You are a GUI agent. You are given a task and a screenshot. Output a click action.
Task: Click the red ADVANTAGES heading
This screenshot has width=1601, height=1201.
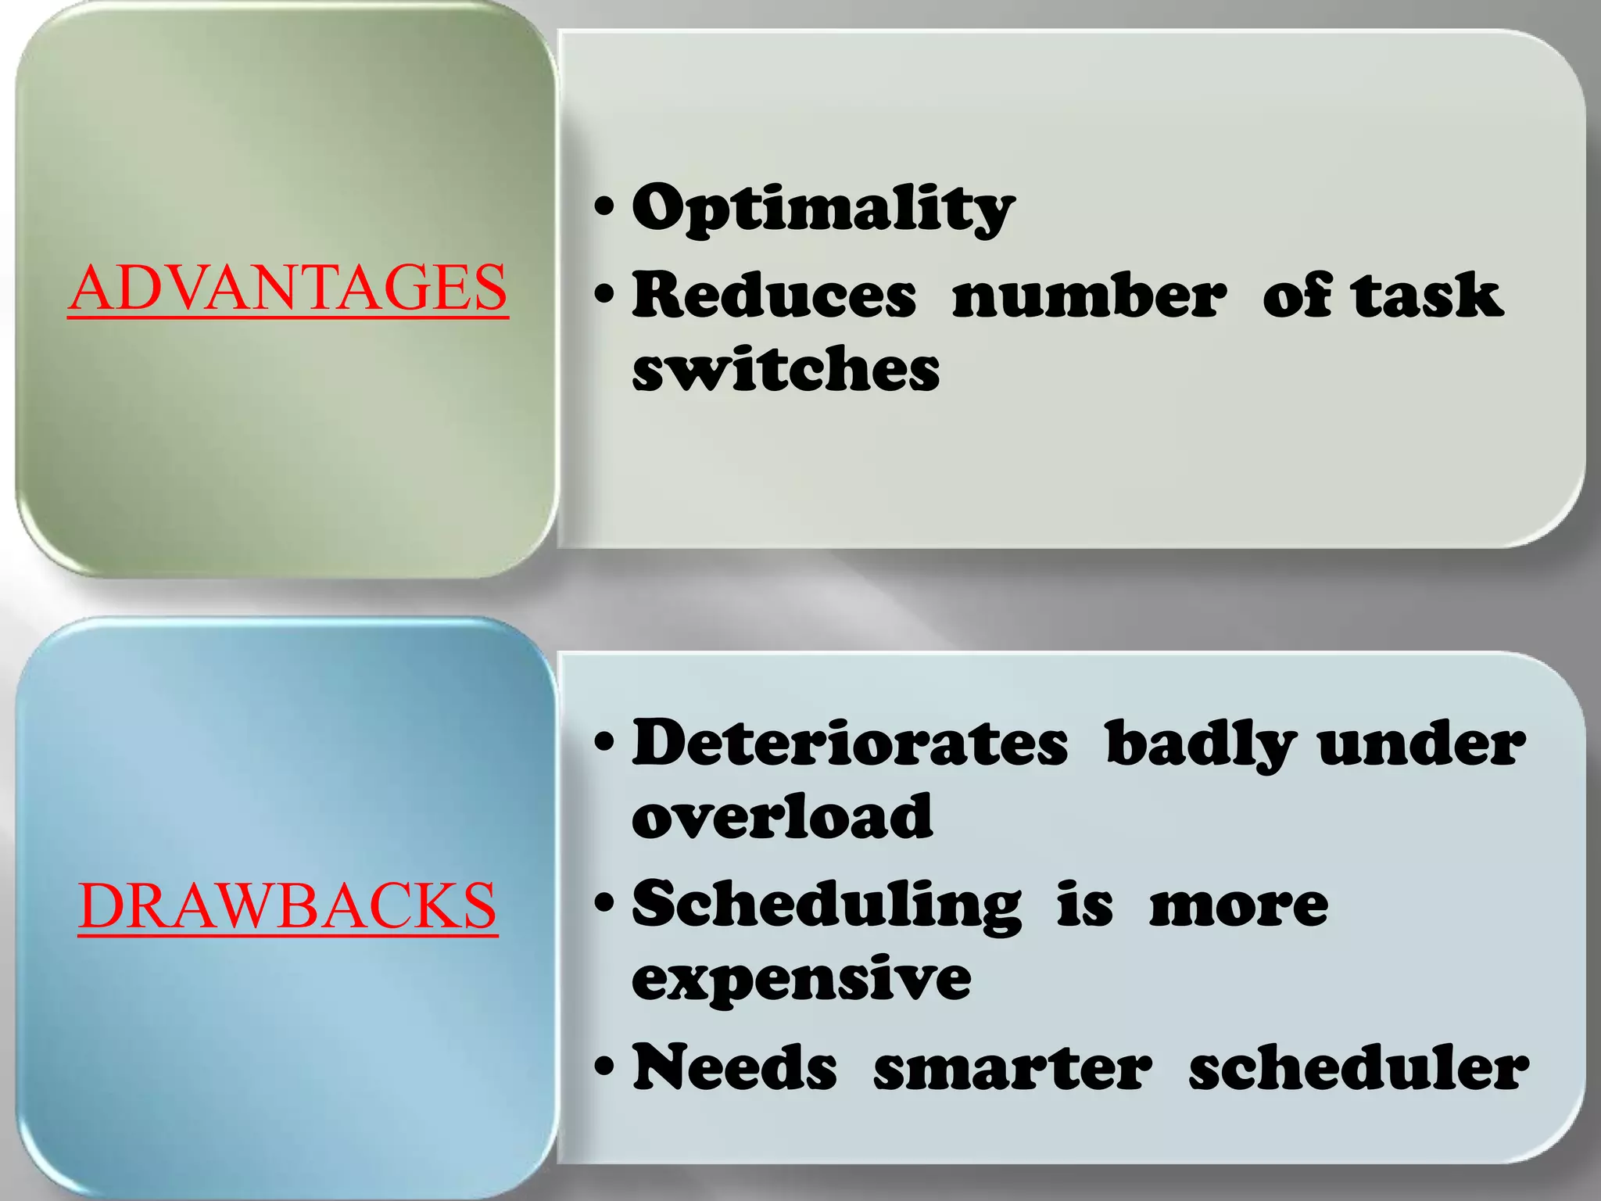coord(288,288)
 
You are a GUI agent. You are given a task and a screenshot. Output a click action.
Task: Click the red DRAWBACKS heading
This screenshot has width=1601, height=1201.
coord(288,905)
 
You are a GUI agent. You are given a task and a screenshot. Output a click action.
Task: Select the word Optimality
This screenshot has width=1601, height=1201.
coord(822,209)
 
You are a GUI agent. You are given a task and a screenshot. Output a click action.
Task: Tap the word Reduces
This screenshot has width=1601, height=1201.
coord(774,296)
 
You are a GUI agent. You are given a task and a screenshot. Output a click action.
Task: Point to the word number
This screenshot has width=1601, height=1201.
coord(1089,296)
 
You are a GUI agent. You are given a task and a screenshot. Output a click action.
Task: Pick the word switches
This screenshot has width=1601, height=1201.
coord(786,369)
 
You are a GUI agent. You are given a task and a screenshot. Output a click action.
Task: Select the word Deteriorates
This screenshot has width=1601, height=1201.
coord(850,743)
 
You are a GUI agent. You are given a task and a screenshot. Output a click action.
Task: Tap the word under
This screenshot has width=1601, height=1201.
coord(1421,743)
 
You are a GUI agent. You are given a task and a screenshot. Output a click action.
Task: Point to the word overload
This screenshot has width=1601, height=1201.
coord(783,816)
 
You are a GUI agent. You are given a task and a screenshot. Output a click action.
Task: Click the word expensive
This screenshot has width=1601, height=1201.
coord(801,979)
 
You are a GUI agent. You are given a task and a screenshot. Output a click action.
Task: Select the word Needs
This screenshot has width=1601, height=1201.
coord(735,1067)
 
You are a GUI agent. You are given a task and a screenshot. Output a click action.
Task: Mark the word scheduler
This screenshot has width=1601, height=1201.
coord(1359,1067)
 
